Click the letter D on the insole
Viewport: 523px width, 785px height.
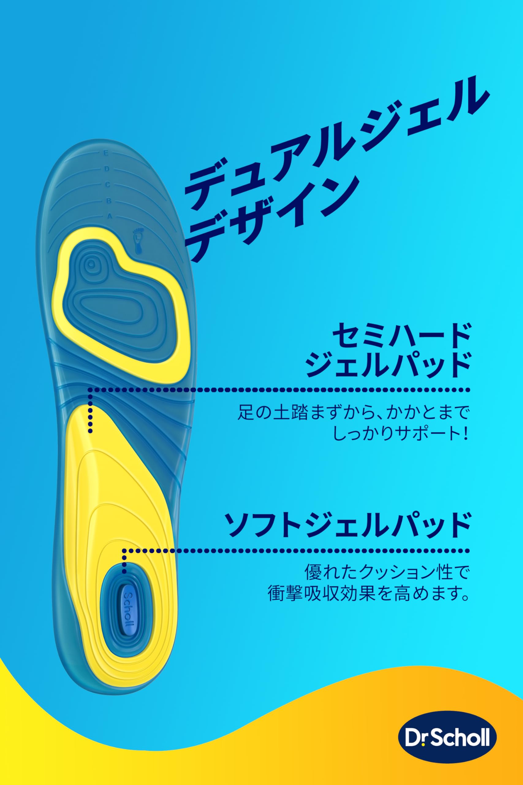107,169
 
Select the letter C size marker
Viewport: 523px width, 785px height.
108,184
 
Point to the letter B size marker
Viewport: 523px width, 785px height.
109,201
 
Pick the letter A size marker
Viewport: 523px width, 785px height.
109,216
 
